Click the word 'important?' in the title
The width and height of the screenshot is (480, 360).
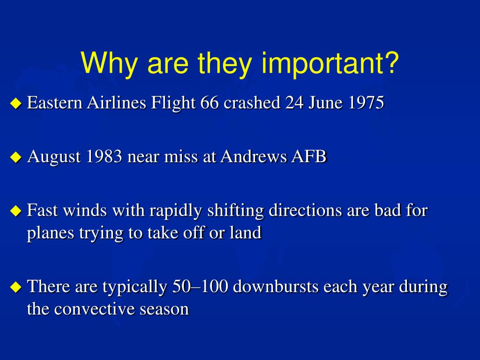point(330,64)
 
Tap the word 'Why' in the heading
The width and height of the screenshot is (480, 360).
point(109,64)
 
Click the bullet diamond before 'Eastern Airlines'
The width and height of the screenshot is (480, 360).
point(16,104)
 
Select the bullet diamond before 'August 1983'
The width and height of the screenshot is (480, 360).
point(16,157)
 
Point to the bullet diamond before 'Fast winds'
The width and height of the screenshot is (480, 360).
point(16,211)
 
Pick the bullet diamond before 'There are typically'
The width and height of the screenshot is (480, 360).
point(16,287)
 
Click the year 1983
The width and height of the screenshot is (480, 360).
point(104,156)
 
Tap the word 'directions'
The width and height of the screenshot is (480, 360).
point(305,210)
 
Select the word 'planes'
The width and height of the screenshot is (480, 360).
point(51,233)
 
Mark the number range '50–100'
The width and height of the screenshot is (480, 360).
point(200,286)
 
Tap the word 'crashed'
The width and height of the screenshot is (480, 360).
point(252,102)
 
